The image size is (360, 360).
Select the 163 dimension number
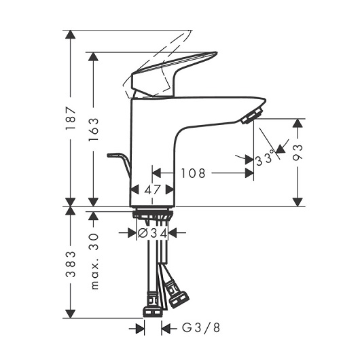point(94,129)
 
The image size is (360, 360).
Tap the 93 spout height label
point(298,152)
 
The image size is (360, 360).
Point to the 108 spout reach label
point(193,173)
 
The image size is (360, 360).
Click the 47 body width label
point(152,190)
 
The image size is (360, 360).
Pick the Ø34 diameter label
point(152,234)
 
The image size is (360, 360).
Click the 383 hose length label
point(71,264)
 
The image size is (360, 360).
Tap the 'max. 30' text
point(94,262)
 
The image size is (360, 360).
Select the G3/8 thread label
point(201,327)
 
